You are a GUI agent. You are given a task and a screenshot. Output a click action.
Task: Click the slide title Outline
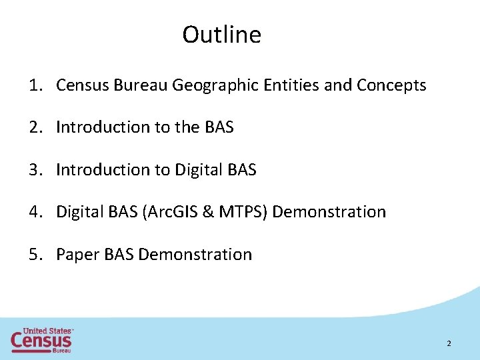(x=221, y=35)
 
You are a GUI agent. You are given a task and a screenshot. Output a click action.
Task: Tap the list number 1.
(x=33, y=85)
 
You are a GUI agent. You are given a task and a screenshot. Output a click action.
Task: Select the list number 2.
(x=33, y=127)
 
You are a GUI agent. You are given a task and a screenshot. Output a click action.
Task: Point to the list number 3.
(x=33, y=170)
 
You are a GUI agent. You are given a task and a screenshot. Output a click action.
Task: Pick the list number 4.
(x=33, y=212)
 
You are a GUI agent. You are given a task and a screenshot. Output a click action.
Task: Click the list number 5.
(x=33, y=255)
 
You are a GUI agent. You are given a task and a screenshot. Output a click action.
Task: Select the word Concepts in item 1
(x=391, y=86)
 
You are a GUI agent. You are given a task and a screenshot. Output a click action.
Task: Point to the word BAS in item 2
(x=219, y=127)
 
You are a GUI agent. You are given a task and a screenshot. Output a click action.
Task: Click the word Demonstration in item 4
(x=329, y=212)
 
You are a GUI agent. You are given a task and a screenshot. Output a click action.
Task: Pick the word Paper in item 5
(x=78, y=255)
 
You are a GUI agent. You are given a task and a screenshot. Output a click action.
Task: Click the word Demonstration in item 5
(x=195, y=255)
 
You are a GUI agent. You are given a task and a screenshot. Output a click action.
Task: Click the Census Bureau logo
(x=41, y=340)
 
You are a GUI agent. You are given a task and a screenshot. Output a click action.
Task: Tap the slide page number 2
(x=449, y=343)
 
